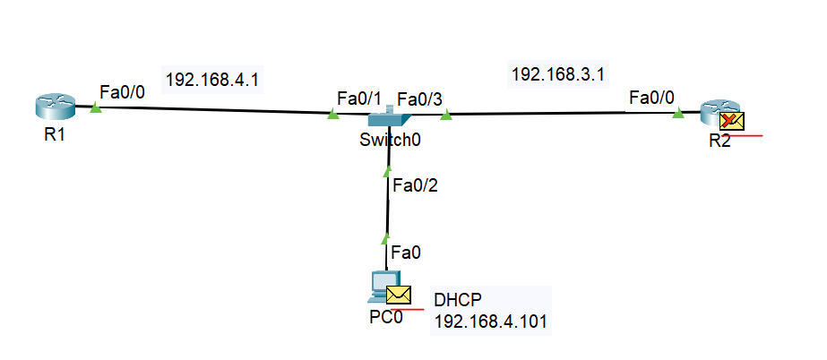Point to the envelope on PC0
point(398,295)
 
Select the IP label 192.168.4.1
point(212,79)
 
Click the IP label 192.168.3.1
point(556,74)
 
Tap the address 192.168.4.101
point(490,320)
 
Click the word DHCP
point(456,300)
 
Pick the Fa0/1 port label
point(358,97)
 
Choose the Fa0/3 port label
point(419,98)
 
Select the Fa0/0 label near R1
point(122,91)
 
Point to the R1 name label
point(55,137)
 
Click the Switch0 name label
point(390,140)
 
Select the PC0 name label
point(385,319)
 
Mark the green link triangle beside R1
point(96,108)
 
